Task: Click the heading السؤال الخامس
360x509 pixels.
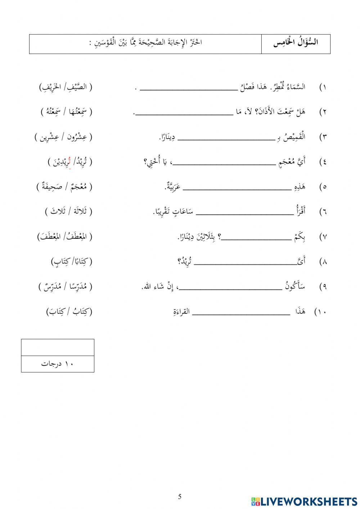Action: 296,43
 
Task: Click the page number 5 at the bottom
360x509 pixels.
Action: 180,497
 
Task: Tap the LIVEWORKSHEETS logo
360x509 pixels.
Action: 304,501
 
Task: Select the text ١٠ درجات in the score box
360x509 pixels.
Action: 57,364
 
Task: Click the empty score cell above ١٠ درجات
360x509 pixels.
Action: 58,348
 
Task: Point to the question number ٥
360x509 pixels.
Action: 323,187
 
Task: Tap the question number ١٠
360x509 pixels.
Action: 320,312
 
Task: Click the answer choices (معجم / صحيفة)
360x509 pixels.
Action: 64,187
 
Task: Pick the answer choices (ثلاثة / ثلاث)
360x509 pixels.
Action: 68,212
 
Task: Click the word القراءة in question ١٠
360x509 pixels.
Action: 181,312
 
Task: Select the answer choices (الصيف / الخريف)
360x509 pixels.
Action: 66,88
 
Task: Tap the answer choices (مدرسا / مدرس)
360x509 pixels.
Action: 65,287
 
